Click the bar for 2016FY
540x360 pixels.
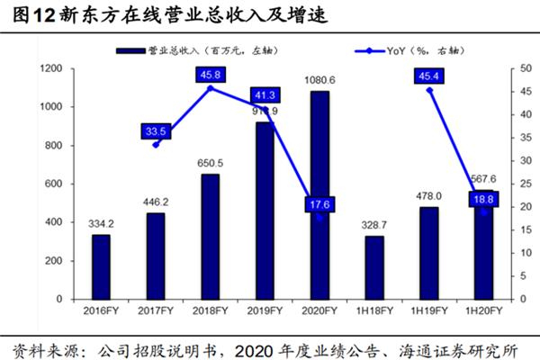tap(101, 266)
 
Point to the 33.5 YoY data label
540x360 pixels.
tap(157, 131)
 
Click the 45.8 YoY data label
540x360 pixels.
tap(211, 76)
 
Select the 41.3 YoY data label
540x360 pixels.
tap(265, 94)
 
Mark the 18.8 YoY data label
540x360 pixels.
tap(484, 200)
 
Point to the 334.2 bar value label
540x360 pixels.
tap(101, 222)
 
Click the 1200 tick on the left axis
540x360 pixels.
tap(50, 68)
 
